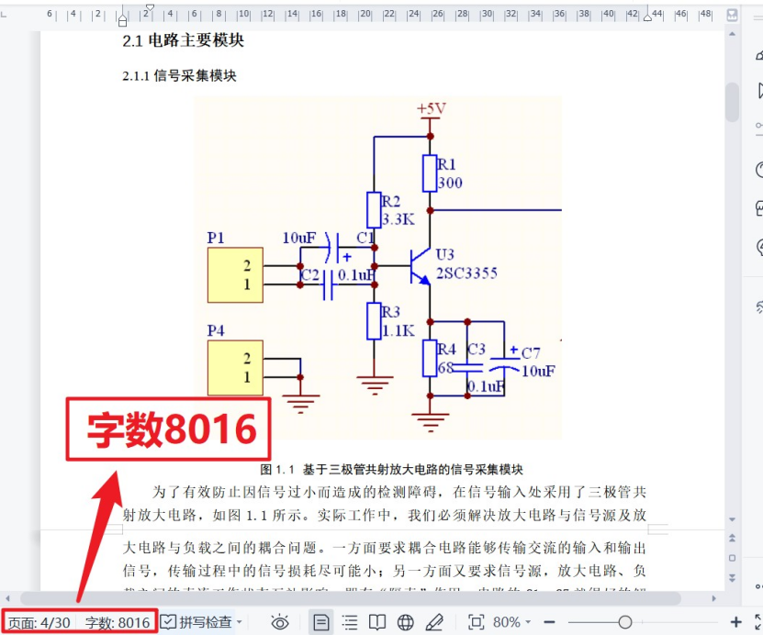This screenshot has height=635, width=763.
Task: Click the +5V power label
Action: [x=431, y=109]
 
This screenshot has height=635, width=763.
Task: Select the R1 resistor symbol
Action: [x=429, y=173]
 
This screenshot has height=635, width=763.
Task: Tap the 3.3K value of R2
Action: [x=398, y=219]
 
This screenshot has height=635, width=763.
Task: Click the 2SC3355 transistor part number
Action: [x=467, y=273]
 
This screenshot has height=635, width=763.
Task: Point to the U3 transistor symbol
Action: [x=420, y=266]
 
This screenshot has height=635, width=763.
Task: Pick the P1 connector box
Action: [x=235, y=275]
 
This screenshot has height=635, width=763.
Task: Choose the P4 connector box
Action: [x=235, y=367]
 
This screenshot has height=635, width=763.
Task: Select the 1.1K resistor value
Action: [x=398, y=330]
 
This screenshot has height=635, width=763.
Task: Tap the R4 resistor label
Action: [x=446, y=350]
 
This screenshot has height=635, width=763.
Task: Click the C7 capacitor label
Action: [x=531, y=353]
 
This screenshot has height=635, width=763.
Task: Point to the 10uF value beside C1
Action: [x=299, y=239]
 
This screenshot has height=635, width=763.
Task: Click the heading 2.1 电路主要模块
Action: [x=184, y=41]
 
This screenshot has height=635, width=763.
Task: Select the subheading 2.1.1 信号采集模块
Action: [x=180, y=76]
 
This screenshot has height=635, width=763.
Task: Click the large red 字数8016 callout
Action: [x=170, y=429]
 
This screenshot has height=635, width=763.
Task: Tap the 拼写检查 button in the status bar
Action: [x=196, y=622]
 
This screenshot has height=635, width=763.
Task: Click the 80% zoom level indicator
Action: [x=506, y=622]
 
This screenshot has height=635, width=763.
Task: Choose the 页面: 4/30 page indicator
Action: [x=39, y=622]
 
